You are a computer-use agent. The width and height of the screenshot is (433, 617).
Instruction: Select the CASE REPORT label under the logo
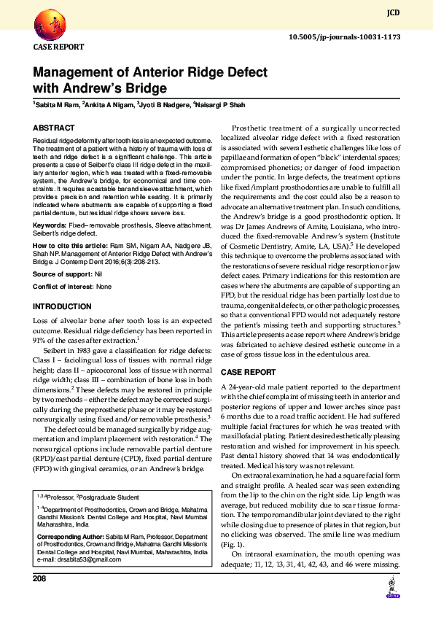[58, 47]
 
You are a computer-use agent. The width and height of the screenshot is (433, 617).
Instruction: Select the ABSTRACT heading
[53, 128]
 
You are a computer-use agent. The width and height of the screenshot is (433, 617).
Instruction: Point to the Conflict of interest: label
[63, 287]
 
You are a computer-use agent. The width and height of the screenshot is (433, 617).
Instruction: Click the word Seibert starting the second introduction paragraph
[59, 351]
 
